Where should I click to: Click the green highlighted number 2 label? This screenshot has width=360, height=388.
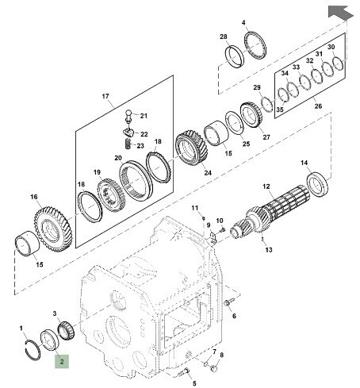tap(62, 361)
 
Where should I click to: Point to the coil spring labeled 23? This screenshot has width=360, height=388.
tap(128, 144)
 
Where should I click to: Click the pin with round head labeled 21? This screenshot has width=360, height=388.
tap(128, 117)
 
